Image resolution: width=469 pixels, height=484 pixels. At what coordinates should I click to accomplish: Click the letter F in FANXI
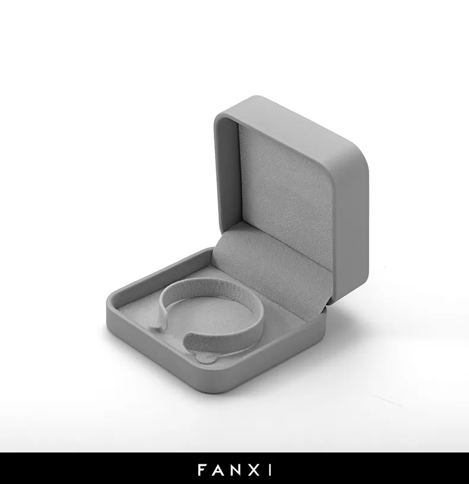[x=201, y=470]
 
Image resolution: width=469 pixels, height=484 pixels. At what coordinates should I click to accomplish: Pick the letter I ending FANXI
[x=270, y=470]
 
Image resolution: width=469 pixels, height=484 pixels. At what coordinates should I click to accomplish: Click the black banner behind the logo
[x=235, y=469]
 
